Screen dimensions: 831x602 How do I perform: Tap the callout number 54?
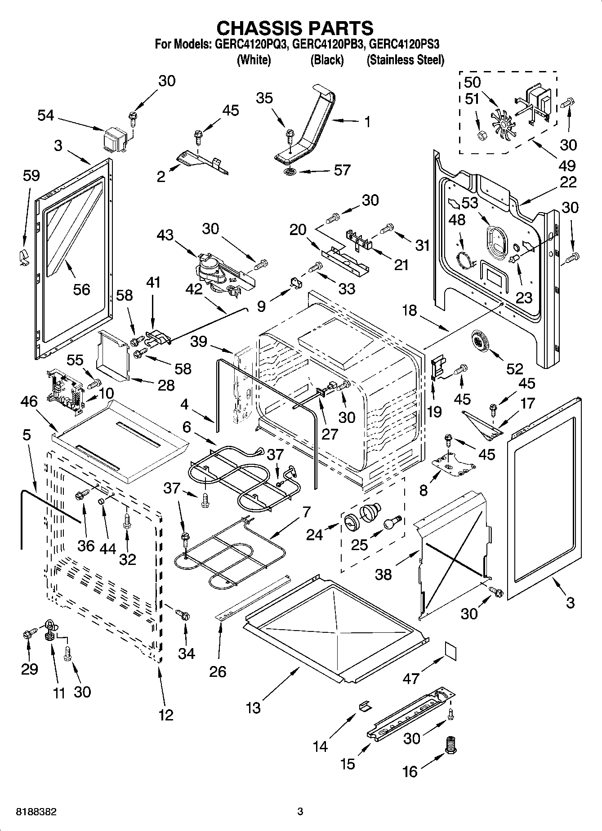click(x=45, y=116)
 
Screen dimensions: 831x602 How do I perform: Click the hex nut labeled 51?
click(x=481, y=135)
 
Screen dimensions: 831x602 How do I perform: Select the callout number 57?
click(x=342, y=170)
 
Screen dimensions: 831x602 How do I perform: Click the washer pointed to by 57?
click(x=290, y=173)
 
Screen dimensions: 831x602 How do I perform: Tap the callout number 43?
click(x=165, y=235)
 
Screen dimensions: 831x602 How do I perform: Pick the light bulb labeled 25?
click(x=390, y=523)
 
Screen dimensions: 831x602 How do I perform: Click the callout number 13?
click(x=253, y=708)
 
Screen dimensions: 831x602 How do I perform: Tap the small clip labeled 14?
click(x=365, y=706)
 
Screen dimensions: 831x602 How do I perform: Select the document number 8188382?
click(x=36, y=812)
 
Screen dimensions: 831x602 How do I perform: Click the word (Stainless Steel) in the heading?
click(x=405, y=60)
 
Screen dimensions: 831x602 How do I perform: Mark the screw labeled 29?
click(x=27, y=634)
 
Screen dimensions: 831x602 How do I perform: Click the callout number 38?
click(x=383, y=574)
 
